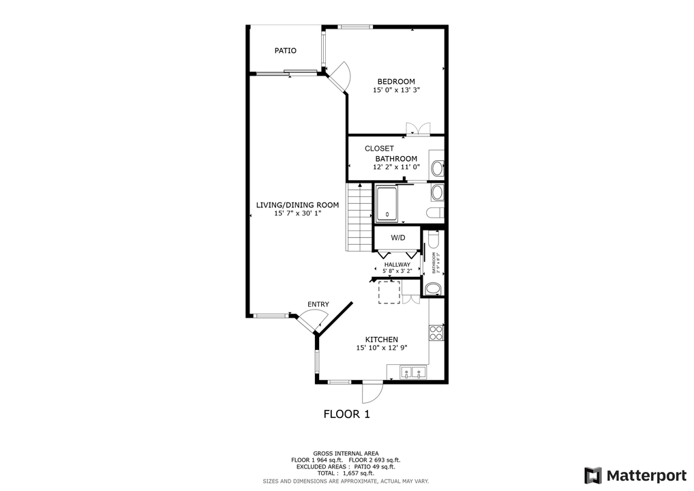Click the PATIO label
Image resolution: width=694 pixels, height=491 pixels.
pyautogui.click(x=285, y=50)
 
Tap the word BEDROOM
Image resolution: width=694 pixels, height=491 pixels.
pyautogui.click(x=396, y=81)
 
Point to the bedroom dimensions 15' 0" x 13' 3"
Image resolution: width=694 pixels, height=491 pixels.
pyautogui.click(x=396, y=90)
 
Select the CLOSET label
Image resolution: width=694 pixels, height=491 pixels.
pyautogui.click(x=379, y=148)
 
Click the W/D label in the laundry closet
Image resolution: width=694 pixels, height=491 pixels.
pyautogui.click(x=398, y=238)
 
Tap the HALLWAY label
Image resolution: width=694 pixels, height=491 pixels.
pyautogui.click(x=397, y=265)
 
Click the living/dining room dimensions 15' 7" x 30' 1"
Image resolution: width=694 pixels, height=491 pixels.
pyautogui.click(x=297, y=213)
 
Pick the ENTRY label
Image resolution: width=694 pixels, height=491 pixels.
pyautogui.click(x=318, y=304)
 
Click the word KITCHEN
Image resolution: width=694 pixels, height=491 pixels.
pyautogui.click(x=382, y=340)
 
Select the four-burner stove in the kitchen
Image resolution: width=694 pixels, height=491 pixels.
pyautogui.click(x=436, y=332)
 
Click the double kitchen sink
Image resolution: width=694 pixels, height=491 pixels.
pyautogui.click(x=412, y=372)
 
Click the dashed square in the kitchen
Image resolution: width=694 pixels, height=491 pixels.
pyautogui.click(x=389, y=293)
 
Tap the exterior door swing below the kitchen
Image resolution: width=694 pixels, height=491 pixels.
pyautogui.click(x=372, y=391)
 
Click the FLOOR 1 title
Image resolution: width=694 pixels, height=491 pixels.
pyautogui.click(x=346, y=414)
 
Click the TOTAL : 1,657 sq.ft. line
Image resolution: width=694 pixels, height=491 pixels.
pyautogui.click(x=346, y=473)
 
